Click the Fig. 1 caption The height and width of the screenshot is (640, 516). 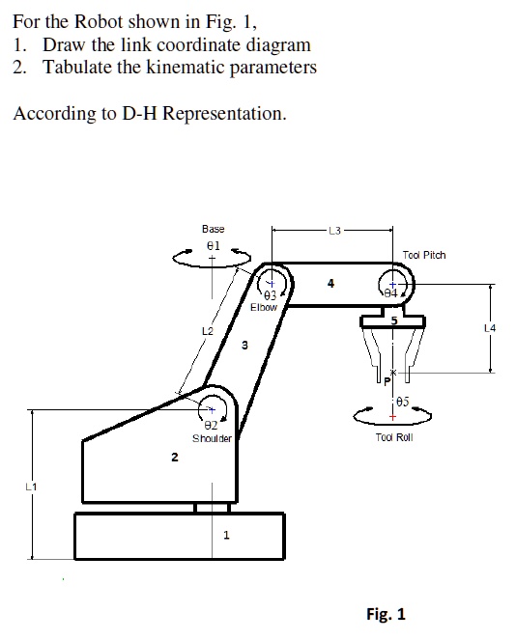[x=386, y=614]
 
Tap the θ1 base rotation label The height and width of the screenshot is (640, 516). [x=214, y=245]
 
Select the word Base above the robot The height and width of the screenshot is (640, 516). [x=213, y=229]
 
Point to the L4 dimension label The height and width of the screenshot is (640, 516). [x=490, y=329]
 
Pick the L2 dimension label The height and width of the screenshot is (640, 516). [x=207, y=331]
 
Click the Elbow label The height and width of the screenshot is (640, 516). [x=263, y=307]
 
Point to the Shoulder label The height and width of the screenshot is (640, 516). [x=212, y=438]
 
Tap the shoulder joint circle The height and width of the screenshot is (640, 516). [x=214, y=411]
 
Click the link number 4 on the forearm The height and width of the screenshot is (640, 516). [x=331, y=283]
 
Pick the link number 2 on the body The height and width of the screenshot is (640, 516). [x=174, y=458]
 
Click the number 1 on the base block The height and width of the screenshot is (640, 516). [x=225, y=539]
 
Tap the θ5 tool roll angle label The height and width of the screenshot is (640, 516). [x=402, y=400]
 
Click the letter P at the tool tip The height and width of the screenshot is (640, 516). [x=387, y=383]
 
